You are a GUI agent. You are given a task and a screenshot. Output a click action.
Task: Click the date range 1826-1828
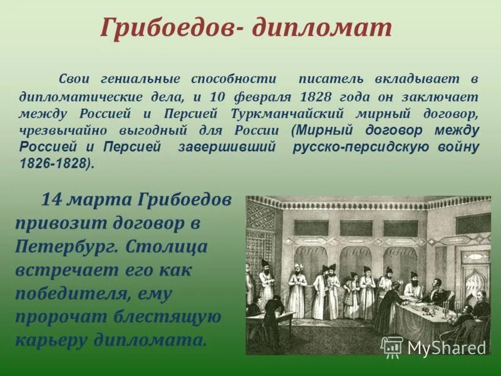point(54,163)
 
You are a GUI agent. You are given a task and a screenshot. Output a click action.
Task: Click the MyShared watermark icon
point(392,347)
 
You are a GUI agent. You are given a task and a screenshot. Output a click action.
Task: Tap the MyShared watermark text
point(447,348)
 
